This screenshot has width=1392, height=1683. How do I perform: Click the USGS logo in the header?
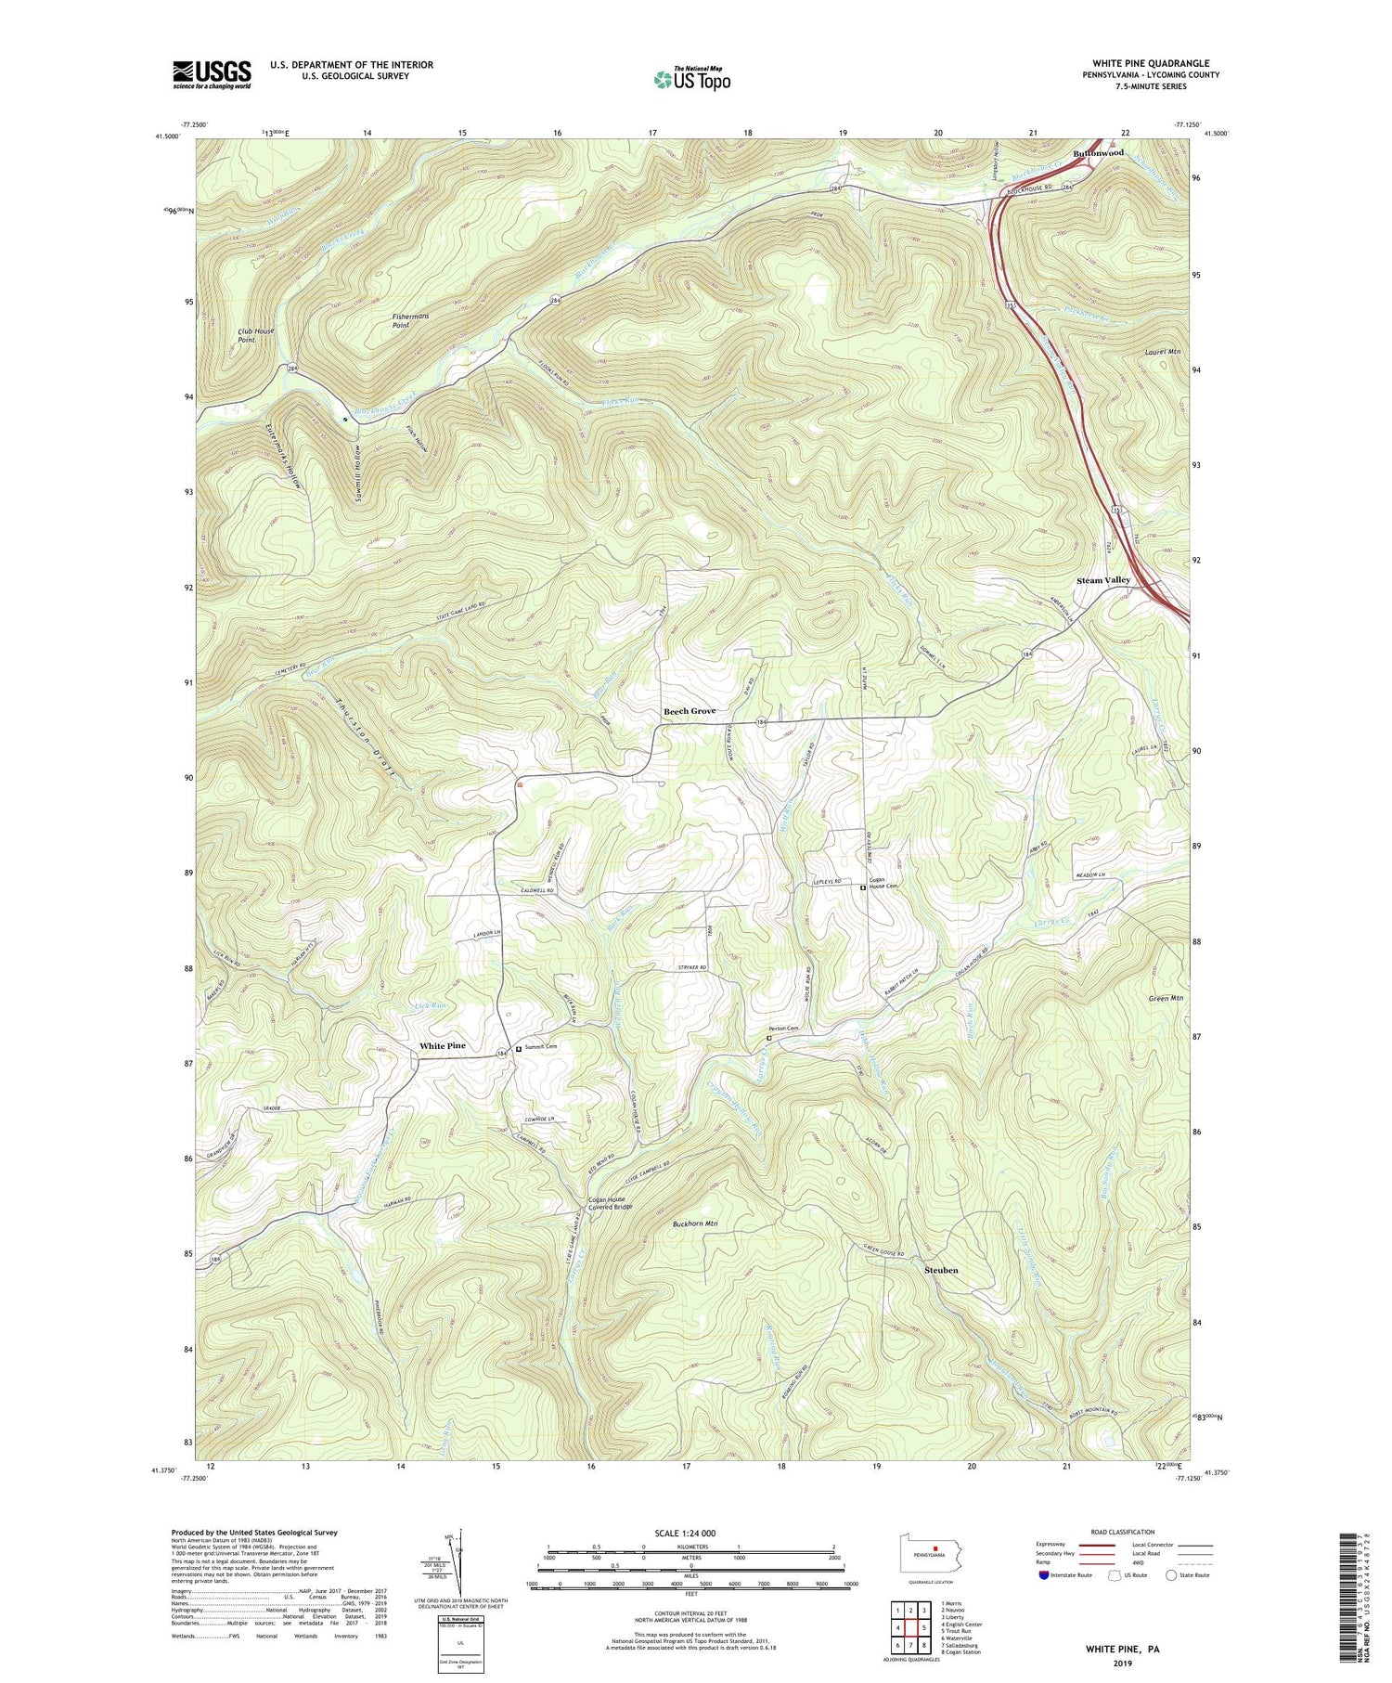(x=212, y=74)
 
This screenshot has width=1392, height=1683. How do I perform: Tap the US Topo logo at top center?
(x=690, y=79)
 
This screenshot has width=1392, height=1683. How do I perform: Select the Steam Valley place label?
(x=1103, y=580)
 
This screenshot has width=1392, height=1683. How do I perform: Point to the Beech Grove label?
(x=690, y=711)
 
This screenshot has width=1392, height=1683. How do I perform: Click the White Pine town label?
(x=443, y=1046)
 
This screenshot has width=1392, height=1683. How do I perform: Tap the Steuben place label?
(x=941, y=1270)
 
